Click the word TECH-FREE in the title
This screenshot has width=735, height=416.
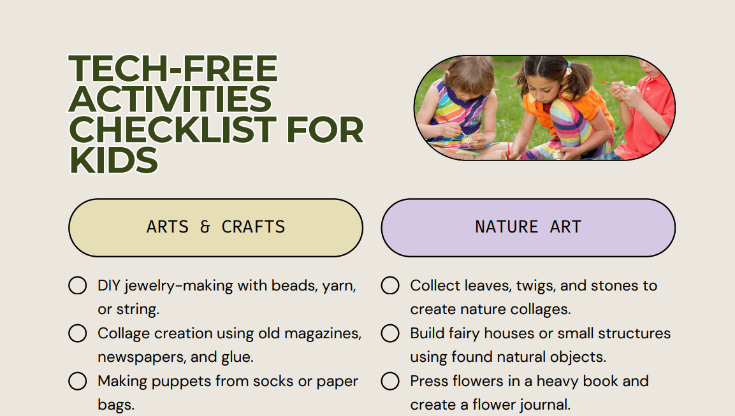[x=173, y=69]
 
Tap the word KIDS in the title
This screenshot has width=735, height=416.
[x=113, y=159]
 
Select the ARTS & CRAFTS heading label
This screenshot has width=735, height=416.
[x=215, y=227]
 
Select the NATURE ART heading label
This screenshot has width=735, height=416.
[x=528, y=227]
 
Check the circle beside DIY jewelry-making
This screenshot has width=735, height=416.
[x=77, y=285]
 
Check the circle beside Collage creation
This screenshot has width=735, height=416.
[x=77, y=333]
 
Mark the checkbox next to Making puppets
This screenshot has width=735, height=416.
[x=77, y=381]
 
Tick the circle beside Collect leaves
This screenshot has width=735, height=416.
[x=390, y=285]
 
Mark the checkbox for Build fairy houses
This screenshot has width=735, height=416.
[x=390, y=333]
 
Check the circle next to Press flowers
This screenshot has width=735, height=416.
[x=390, y=381]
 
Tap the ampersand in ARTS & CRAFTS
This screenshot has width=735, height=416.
[x=205, y=227]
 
